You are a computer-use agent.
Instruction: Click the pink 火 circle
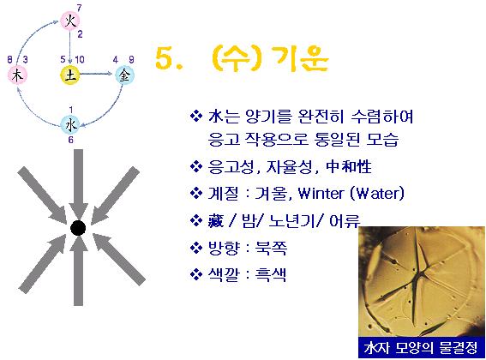[x=70, y=21]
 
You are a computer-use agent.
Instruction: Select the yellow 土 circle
[x=70, y=75]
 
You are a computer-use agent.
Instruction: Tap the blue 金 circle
[x=124, y=75]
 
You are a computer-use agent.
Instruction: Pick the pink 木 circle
[x=18, y=75]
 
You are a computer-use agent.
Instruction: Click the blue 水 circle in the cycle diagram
[x=70, y=125]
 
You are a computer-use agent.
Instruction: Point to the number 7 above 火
[x=80, y=8]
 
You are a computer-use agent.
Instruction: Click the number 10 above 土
[x=80, y=59]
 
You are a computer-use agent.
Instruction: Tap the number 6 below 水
[x=70, y=140]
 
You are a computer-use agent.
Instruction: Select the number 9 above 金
[x=131, y=59]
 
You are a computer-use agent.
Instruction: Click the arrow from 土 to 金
[x=96, y=74]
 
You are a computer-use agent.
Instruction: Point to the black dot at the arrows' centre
[x=78, y=228]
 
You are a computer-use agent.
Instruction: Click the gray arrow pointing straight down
[x=78, y=184]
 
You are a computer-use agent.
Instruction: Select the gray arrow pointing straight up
[x=78, y=271]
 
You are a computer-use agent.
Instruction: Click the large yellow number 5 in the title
[x=165, y=58]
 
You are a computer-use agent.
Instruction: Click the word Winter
[x=321, y=194]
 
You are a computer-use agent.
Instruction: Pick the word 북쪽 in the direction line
[x=271, y=248]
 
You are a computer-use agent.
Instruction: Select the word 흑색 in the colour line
[x=271, y=274]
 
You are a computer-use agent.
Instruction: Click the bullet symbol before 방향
[x=196, y=248]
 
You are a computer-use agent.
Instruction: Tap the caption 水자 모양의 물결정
[x=421, y=348]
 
